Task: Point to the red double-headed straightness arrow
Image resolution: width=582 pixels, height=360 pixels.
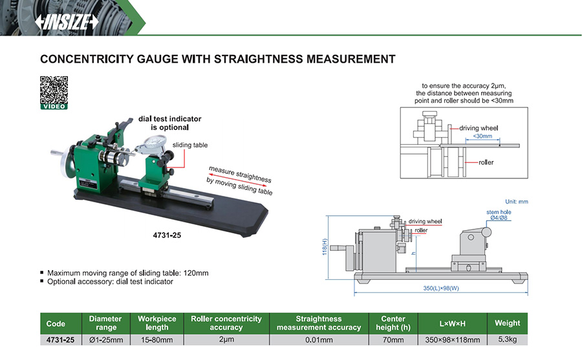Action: click(x=237, y=184)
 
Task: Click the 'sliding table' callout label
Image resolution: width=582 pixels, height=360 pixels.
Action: click(x=190, y=145)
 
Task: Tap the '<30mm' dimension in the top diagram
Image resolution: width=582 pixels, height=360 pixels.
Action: click(x=482, y=136)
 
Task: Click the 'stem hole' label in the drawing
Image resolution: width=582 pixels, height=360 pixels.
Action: click(x=499, y=212)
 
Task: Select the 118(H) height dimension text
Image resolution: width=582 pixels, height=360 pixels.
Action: click(x=325, y=245)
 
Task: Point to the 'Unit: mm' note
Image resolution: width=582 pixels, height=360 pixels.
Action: click(x=517, y=202)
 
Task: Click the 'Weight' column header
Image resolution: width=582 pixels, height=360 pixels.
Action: click(x=507, y=323)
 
